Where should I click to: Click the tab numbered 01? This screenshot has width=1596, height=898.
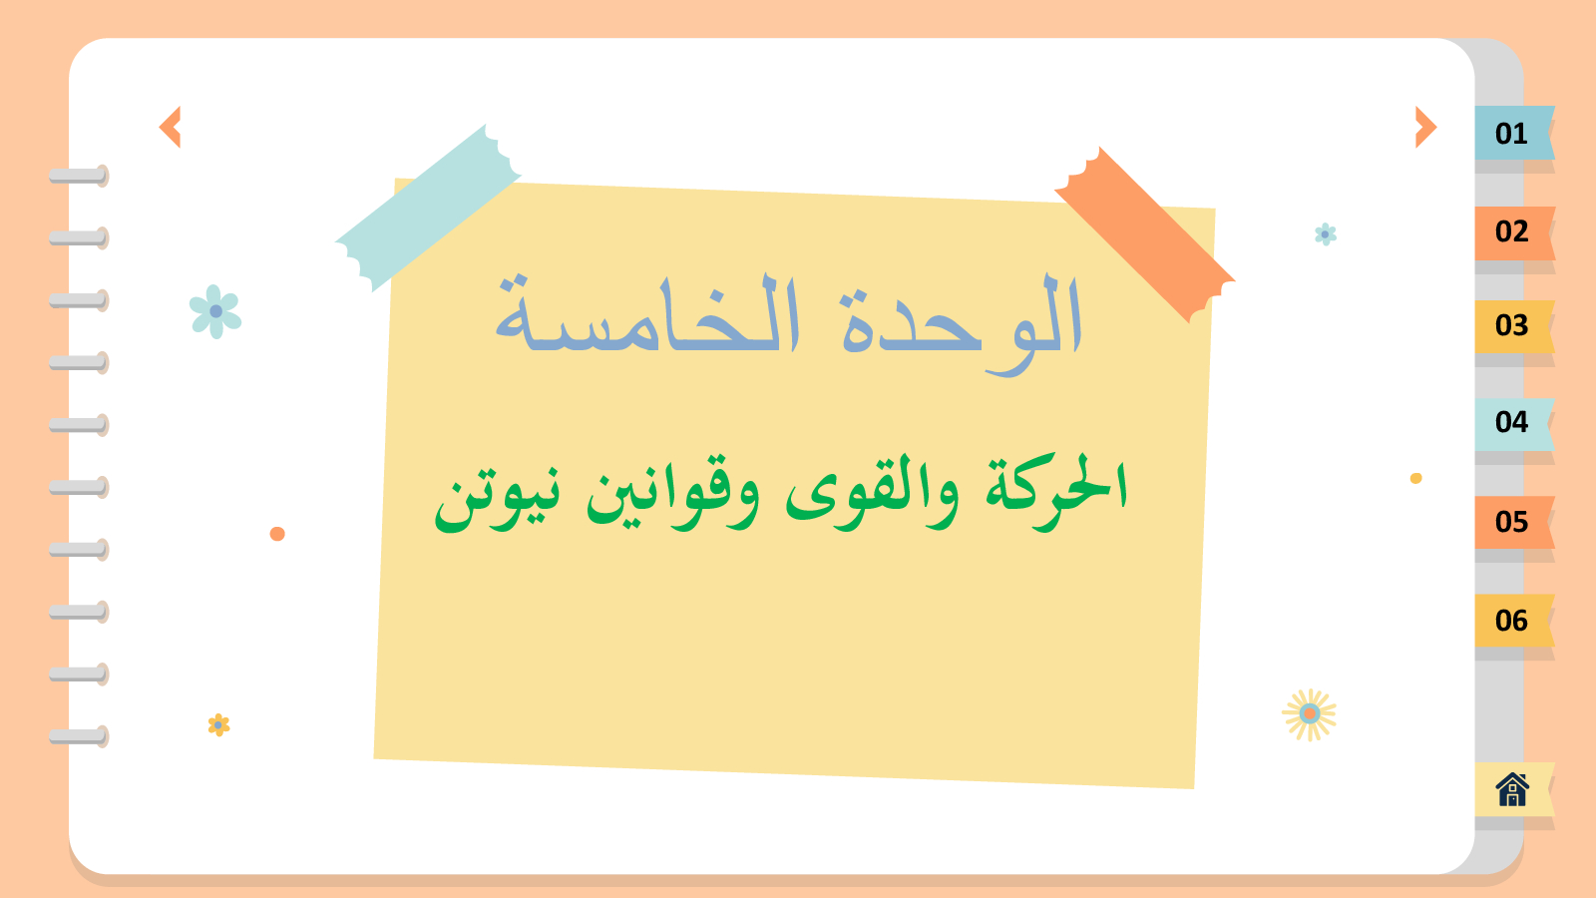click(x=1514, y=133)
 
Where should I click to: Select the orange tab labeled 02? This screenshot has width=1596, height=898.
click(x=1514, y=233)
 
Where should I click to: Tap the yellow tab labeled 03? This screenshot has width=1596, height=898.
click(x=1514, y=326)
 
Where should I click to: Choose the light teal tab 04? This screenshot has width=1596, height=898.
click(x=1514, y=424)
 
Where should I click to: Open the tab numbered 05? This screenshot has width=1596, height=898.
click(x=1514, y=523)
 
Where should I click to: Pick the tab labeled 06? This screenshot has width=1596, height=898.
click(x=1514, y=621)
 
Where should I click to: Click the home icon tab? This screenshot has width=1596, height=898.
click(x=1514, y=789)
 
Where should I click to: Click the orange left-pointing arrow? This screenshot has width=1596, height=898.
click(x=171, y=127)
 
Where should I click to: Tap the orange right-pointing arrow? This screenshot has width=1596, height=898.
click(x=1425, y=127)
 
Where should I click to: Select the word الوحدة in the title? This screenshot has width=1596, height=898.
click(x=962, y=324)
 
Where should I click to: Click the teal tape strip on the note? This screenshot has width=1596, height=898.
click(x=428, y=208)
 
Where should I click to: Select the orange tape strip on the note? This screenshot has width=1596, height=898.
click(x=1144, y=234)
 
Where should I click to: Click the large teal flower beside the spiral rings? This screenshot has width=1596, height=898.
click(x=215, y=311)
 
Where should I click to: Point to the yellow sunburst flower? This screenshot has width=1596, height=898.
click(x=1309, y=714)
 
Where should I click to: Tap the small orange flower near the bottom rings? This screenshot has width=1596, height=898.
click(x=218, y=724)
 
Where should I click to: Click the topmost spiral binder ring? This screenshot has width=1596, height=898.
click(x=79, y=176)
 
